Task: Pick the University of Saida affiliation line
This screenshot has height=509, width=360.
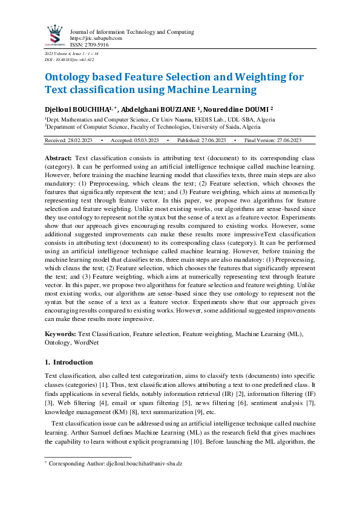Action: [151, 128]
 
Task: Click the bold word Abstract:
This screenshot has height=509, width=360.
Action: [59, 157]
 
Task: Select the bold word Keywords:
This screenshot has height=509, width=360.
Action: [61, 334]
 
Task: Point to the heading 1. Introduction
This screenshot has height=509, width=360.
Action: [69, 363]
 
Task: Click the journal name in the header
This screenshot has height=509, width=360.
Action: [132, 31]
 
